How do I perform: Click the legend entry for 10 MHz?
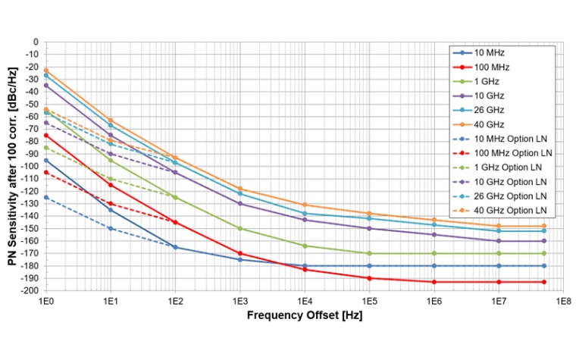pyautogui.click(x=489, y=53)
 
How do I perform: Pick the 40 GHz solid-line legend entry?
pyautogui.click(x=489, y=124)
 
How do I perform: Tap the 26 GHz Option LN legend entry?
pyautogui.click(x=506, y=196)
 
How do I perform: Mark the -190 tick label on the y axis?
pyautogui.click(x=30, y=278)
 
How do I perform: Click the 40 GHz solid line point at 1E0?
pyautogui.click(x=46, y=70)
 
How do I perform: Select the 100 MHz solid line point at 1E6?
pyautogui.click(x=434, y=282)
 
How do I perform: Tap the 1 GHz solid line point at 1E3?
pyautogui.click(x=240, y=228)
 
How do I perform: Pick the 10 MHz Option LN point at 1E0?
pyautogui.click(x=46, y=197)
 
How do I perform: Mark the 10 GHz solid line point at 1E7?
pyautogui.click(x=499, y=241)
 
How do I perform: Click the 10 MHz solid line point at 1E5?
pyautogui.click(x=370, y=266)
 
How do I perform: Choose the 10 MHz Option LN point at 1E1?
pyautogui.click(x=111, y=228)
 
